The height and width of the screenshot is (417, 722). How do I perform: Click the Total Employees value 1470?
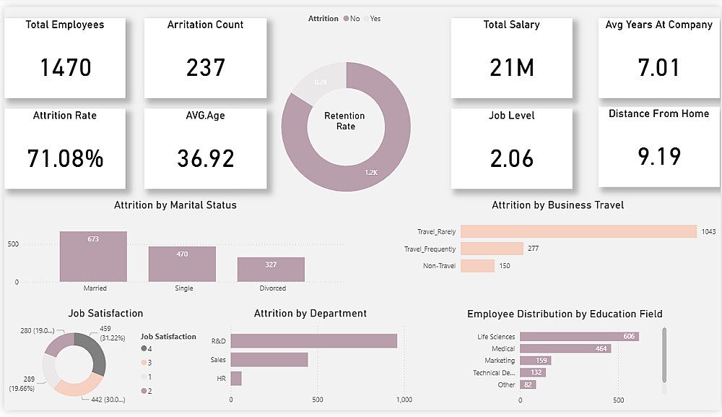click(x=65, y=68)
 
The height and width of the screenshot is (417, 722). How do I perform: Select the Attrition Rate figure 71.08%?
click(x=65, y=158)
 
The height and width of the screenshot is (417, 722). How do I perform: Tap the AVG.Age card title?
click(x=205, y=116)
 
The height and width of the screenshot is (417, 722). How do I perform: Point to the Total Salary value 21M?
click(x=512, y=68)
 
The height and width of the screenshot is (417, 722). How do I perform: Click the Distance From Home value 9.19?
click(x=658, y=156)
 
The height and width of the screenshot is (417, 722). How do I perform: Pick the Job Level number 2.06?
click(x=512, y=158)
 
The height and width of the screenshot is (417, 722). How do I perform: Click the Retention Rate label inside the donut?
click(x=345, y=121)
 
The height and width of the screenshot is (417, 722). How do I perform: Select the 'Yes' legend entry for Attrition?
click(x=375, y=19)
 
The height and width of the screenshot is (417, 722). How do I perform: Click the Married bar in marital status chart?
click(x=93, y=257)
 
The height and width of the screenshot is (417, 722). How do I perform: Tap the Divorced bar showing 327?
click(x=271, y=269)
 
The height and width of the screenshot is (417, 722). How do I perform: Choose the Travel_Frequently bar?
click(x=492, y=249)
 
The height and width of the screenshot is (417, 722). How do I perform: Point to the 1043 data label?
click(x=708, y=231)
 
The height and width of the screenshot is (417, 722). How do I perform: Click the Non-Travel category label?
click(x=439, y=266)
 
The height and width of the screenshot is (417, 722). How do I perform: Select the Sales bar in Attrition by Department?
click(x=269, y=359)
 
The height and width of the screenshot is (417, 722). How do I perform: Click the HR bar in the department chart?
click(x=236, y=378)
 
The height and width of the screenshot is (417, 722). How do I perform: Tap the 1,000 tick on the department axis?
click(x=404, y=399)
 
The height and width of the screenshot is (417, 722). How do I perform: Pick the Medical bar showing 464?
click(x=565, y=348)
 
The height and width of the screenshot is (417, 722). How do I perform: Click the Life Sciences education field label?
click(x=496, y=337)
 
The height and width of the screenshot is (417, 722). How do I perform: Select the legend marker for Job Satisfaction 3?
click(x=144, y=362)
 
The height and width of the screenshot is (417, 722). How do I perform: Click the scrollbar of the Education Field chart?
click(x=664, y=354)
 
